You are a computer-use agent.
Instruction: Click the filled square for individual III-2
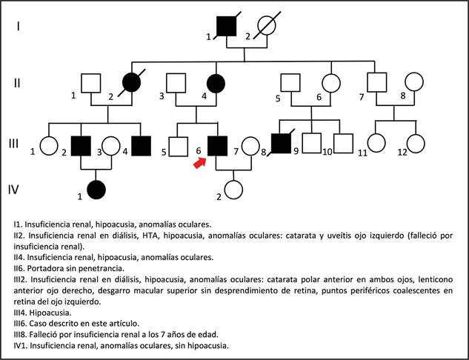tap(80, 147)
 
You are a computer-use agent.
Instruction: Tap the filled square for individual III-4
tap(140, 147)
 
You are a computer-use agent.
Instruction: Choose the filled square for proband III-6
tap(217, 147)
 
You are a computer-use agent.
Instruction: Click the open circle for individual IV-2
tap(234, 190)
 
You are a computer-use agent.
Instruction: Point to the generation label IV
tap(13, 189)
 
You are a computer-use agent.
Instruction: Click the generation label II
tap(16, 82)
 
